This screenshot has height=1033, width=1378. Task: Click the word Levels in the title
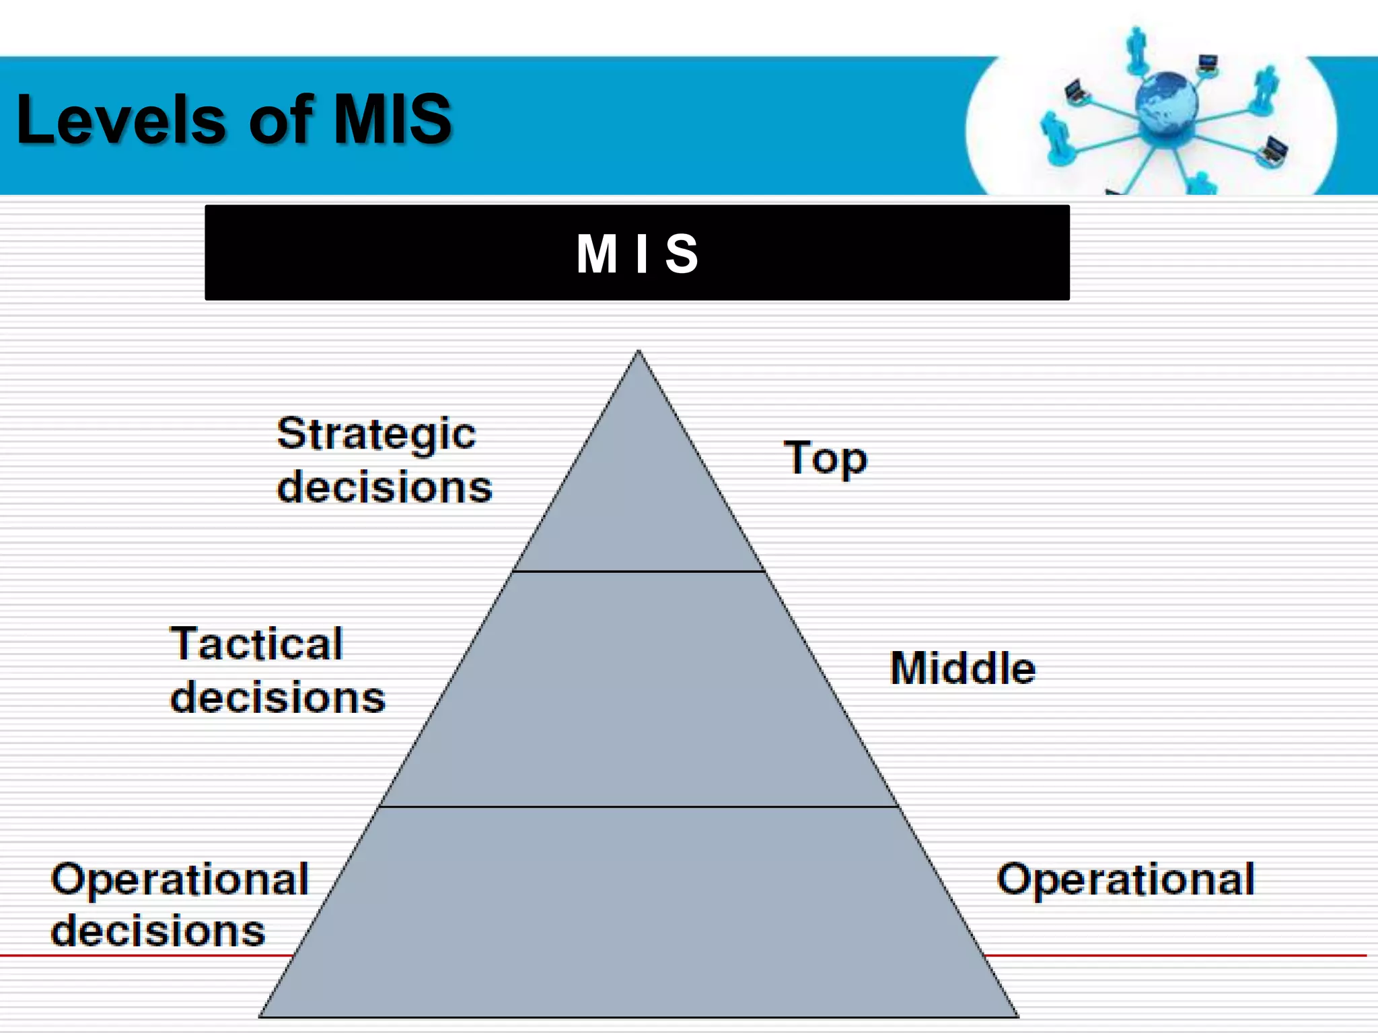coord(121,120)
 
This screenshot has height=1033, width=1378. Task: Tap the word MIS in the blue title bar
coord(392,120)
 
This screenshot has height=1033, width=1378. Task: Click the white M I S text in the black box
coord(637,254)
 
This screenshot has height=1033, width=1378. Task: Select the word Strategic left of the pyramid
coord(376,434)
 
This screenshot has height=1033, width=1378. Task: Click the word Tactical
coord(256,644)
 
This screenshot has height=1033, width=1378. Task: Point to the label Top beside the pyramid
coord(825,459)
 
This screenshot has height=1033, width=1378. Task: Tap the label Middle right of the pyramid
coord(962,668)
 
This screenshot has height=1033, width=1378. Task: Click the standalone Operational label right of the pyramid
coord(1125,880)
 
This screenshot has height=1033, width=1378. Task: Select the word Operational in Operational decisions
coord(180,880)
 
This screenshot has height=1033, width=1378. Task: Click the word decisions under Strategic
coord(384,487)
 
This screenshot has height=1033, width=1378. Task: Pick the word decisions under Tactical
coord(277,697)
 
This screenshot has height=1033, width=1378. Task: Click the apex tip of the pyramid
coord(639,352)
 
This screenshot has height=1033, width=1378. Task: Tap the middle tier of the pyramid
coord(639,689)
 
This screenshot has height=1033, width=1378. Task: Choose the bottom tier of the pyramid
coord(639,915)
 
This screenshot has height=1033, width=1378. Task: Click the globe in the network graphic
coord(1166,104)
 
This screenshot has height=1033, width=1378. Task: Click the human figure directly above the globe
coord(1136,48)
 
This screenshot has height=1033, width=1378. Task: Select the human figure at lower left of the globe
coord(1054,138)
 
